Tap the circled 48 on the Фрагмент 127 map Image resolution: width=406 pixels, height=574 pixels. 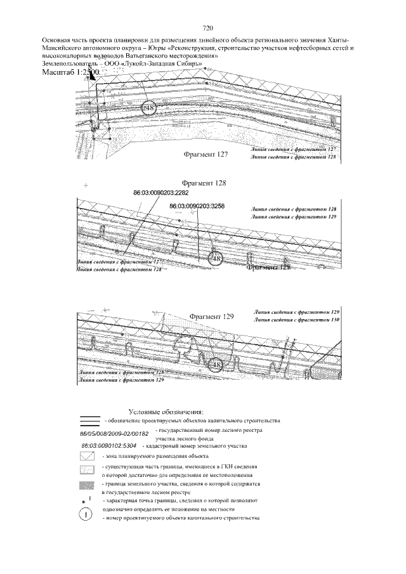(150, 108)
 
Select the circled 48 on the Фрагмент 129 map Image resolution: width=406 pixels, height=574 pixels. (216, 365)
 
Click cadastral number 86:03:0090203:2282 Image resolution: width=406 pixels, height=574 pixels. (160, 192)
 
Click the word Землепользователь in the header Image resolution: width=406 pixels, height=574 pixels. (69, 64)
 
